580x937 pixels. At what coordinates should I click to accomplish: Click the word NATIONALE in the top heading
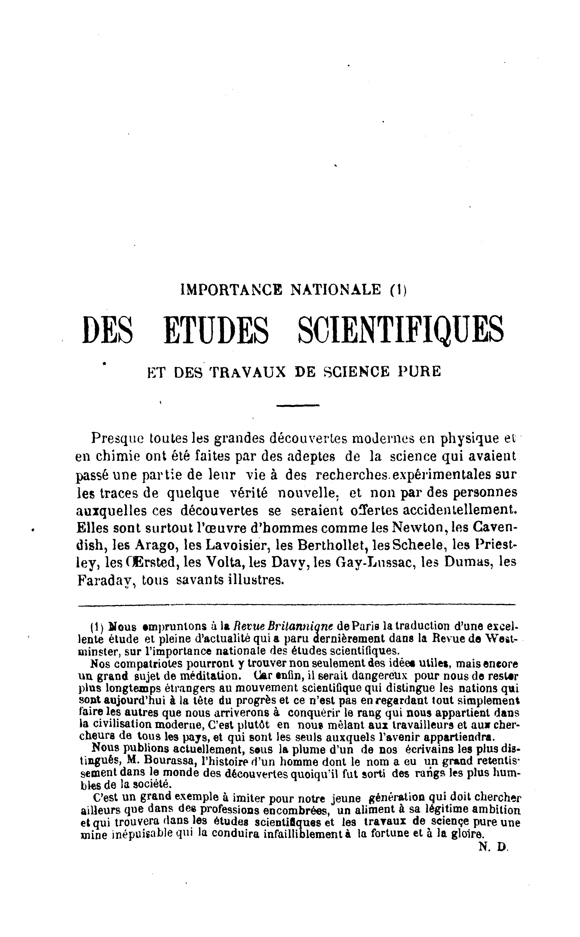coord(336,289)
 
